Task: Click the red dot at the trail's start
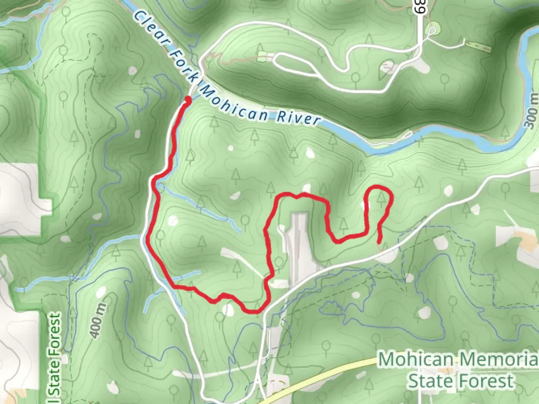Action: pos(188,100)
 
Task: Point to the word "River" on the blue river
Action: pos(298,118)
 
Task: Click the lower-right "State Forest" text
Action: pos(460,381)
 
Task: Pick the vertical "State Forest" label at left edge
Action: pos(55,355)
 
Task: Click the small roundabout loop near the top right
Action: pos(432,30)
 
